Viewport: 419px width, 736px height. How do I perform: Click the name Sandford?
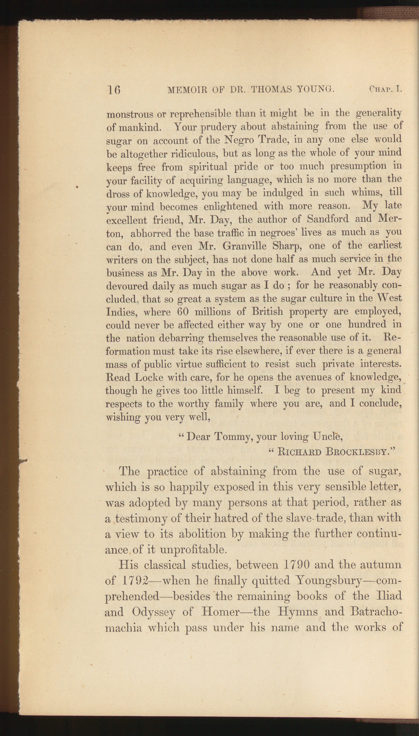coord(328,219)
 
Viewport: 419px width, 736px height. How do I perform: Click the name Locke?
coord(149,377)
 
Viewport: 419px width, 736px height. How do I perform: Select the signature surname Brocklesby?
coord(360,451)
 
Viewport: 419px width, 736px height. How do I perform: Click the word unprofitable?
coord(193,549)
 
